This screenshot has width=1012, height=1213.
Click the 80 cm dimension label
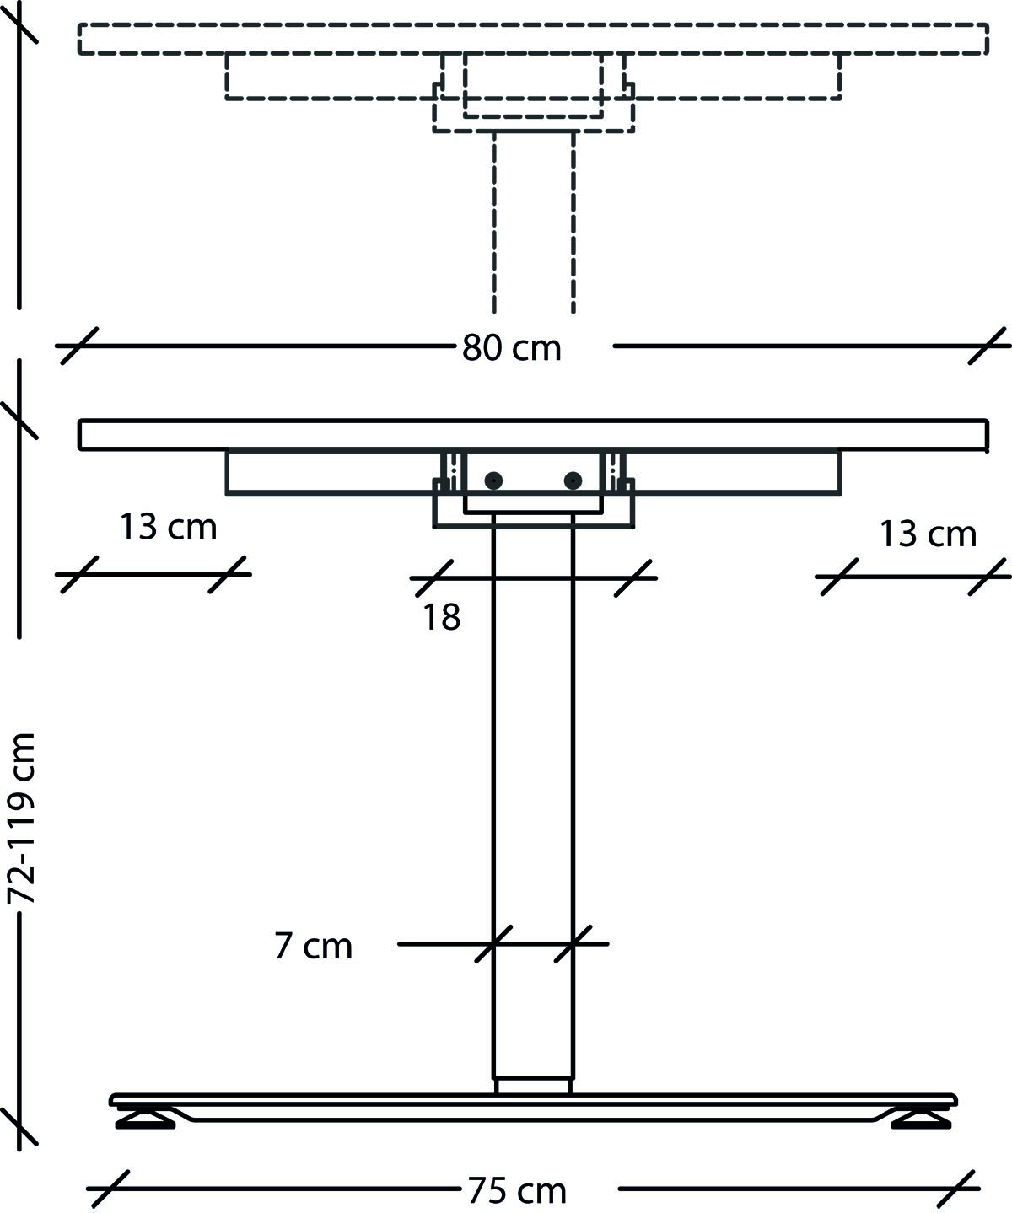[511, 347]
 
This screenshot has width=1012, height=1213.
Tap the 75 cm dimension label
[516, 1191]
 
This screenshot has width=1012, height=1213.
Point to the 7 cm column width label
[313, 946]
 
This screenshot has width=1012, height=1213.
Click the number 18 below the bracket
[442, 618]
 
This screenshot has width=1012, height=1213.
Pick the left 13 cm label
[168, 528]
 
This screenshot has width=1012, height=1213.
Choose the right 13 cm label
[928, 534]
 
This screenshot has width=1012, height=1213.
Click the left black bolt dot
[493, 480]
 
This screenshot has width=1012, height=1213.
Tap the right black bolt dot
[573, 480]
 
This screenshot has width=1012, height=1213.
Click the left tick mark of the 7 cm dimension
[493, 944]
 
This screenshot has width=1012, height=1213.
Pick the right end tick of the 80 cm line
[988, 346]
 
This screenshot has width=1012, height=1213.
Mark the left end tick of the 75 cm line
[109, 1189]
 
